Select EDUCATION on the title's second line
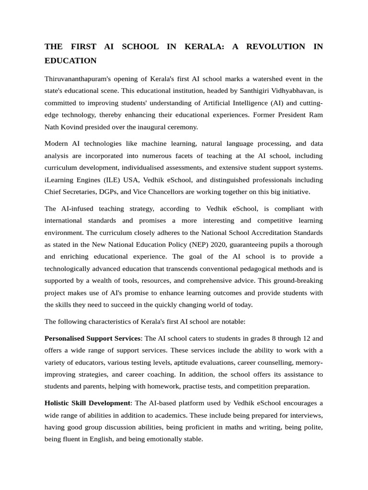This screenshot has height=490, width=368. pos(70,60)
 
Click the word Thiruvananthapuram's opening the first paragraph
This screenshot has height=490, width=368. pos(78,78)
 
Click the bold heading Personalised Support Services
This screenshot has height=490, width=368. pos(93,338)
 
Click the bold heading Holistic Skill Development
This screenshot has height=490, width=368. pos(87,403)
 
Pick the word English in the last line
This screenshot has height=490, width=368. pos(101,439)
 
